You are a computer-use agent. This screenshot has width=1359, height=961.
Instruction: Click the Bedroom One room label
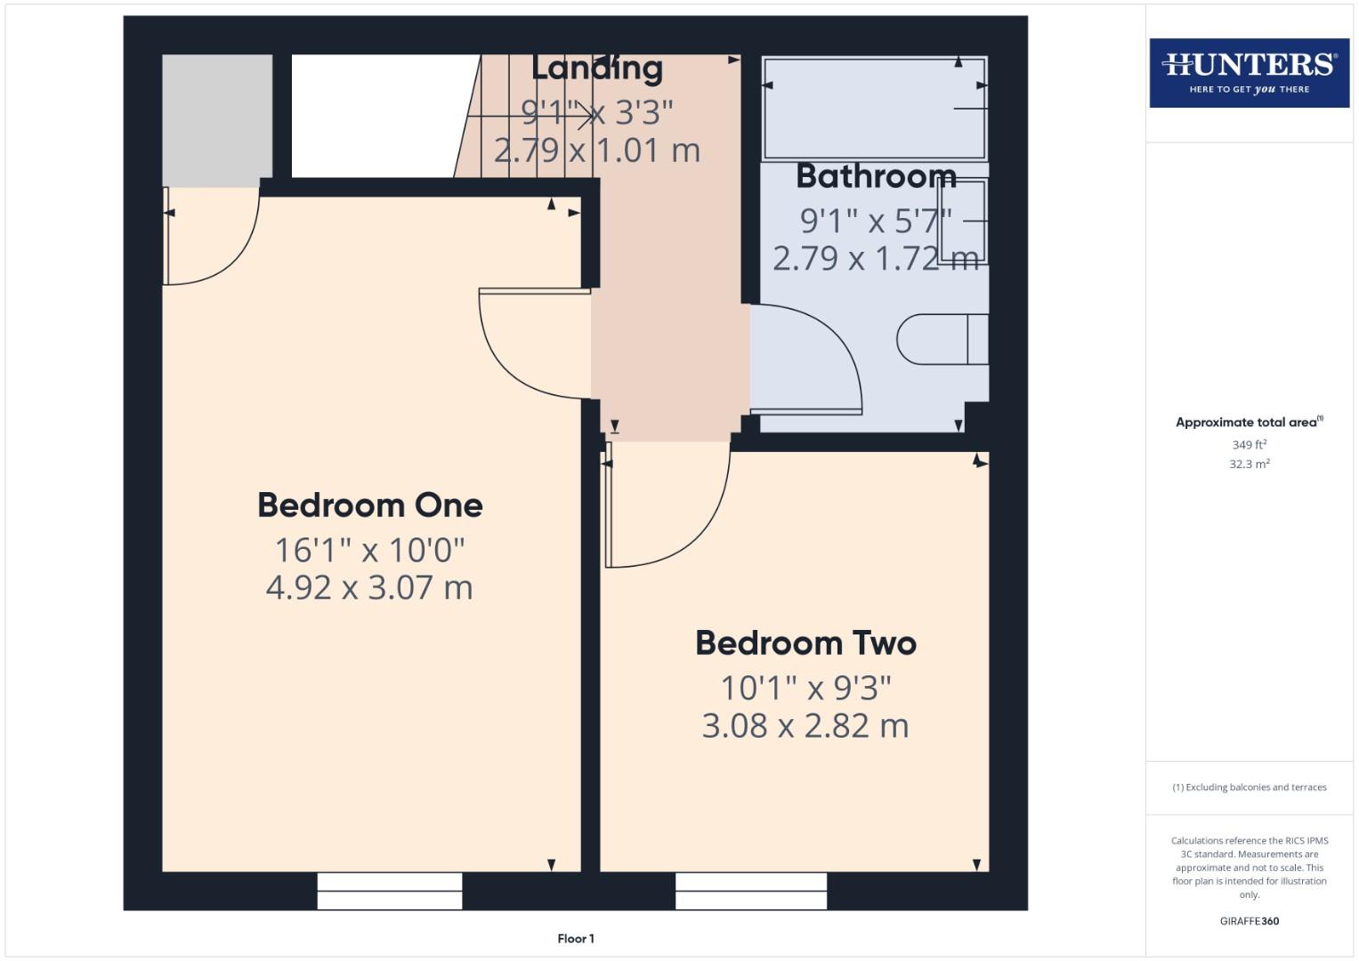coord(369,505)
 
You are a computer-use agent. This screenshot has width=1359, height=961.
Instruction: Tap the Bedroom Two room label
coord(805,643)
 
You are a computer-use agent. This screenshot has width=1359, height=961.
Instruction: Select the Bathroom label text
coord(876,176)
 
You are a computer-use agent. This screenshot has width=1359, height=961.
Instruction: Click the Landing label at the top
coord(597,68)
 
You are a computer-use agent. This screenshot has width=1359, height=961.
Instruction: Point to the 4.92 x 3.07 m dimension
coord(369,587)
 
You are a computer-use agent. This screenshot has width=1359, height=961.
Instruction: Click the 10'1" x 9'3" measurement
coord(805,688)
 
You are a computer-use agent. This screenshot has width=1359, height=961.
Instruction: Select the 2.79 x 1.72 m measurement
coord(876,258)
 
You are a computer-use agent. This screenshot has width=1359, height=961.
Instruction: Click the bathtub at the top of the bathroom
coord(874,108)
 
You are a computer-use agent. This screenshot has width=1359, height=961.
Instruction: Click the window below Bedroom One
coord(390,891)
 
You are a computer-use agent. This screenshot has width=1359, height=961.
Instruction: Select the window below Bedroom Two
coord(751,891)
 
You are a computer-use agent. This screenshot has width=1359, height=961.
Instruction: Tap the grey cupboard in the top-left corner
coord(217,119)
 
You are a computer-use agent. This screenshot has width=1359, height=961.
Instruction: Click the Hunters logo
coord(1249,73)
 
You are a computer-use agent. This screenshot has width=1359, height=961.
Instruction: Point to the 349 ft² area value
coord(1249,444)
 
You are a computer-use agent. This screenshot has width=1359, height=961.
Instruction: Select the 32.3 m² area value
coord(1249,464)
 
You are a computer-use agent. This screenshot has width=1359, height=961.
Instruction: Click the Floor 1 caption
coord(576,939)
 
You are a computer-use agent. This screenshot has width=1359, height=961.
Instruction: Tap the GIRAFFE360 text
coord(1249,921)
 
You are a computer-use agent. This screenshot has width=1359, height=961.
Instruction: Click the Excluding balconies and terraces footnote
coord(1249,787)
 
